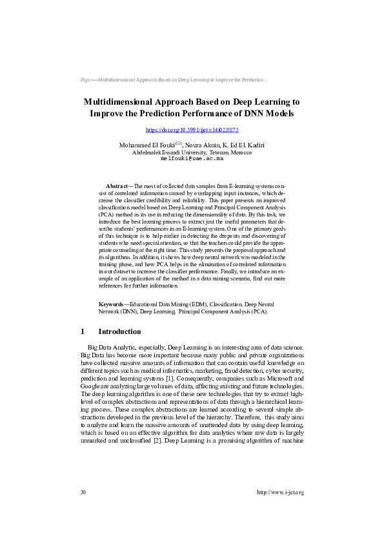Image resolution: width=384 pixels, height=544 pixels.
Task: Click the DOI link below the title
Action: point(192,130)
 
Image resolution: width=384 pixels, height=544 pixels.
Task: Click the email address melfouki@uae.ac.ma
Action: point(192,158)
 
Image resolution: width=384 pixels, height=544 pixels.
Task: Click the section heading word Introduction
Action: point(119,331)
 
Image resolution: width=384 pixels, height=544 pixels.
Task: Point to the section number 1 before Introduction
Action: point(83,331)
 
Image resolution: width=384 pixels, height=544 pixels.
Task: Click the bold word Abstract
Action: point(117,185)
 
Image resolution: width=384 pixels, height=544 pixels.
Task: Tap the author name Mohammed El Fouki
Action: point(147,145)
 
